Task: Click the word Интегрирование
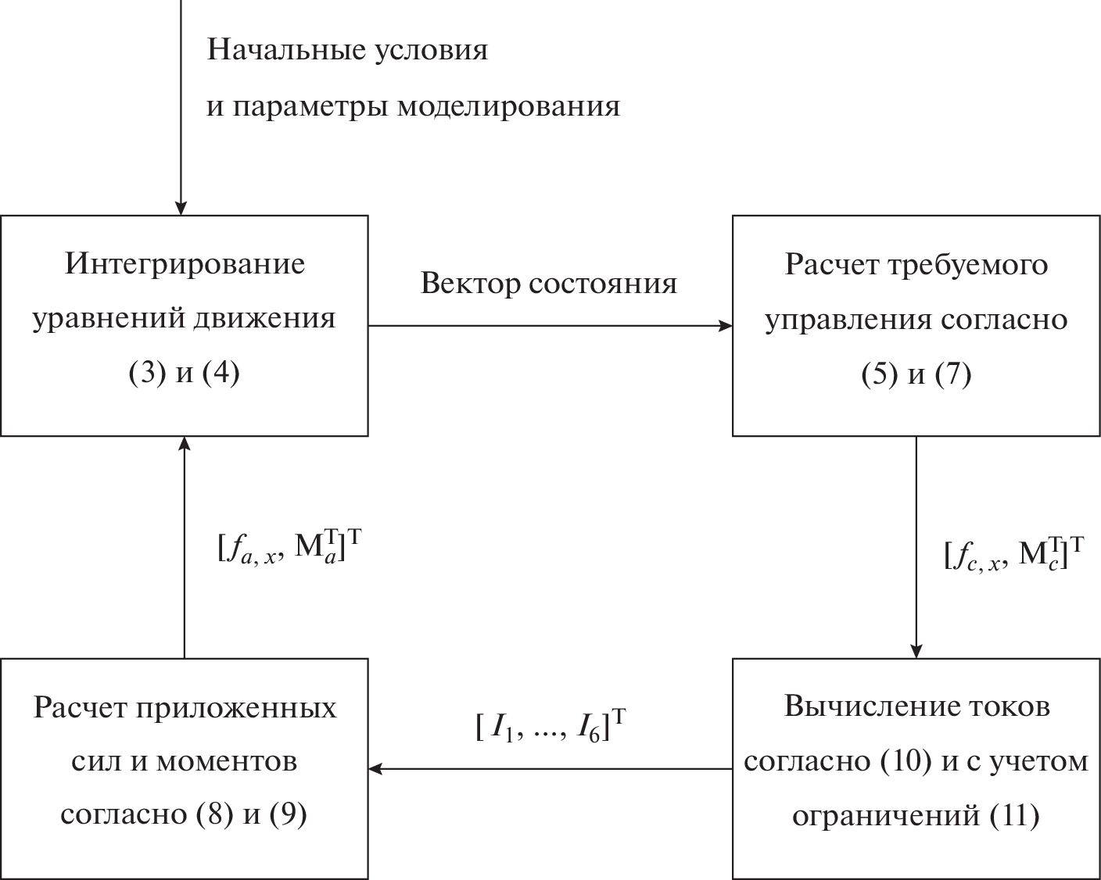(185, 264)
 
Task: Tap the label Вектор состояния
(548, 283)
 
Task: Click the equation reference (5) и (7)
(916, 375)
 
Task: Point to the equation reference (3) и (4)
(184, 374)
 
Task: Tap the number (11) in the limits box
(1014, 816)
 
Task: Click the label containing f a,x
(290, 548)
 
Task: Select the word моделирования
(508, 106)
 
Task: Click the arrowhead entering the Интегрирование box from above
(181, 208)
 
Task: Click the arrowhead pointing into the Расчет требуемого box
(725, 326)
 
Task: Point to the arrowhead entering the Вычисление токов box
(916, 651)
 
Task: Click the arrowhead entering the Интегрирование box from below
(184, 444)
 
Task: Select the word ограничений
(887, 816)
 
